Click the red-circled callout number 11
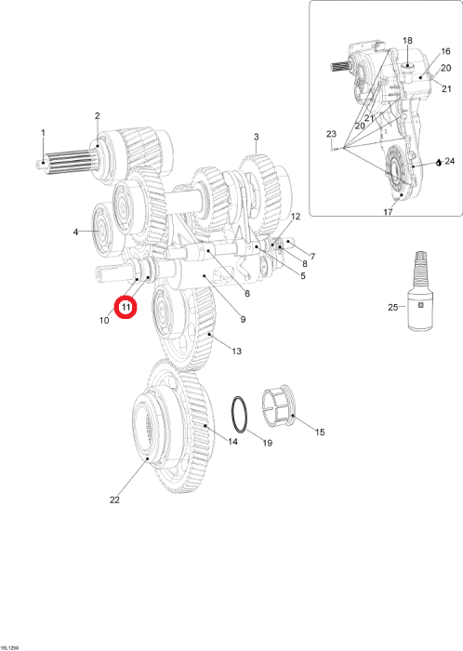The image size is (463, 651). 126,307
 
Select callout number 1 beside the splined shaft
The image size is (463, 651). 43,133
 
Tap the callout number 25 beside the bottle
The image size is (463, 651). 393,307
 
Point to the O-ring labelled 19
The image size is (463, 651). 240,416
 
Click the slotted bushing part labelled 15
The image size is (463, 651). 278,407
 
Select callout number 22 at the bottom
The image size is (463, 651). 114,500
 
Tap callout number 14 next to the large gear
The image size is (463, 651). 232,442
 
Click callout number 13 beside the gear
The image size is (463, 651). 236,352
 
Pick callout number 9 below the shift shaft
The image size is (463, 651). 243,319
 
